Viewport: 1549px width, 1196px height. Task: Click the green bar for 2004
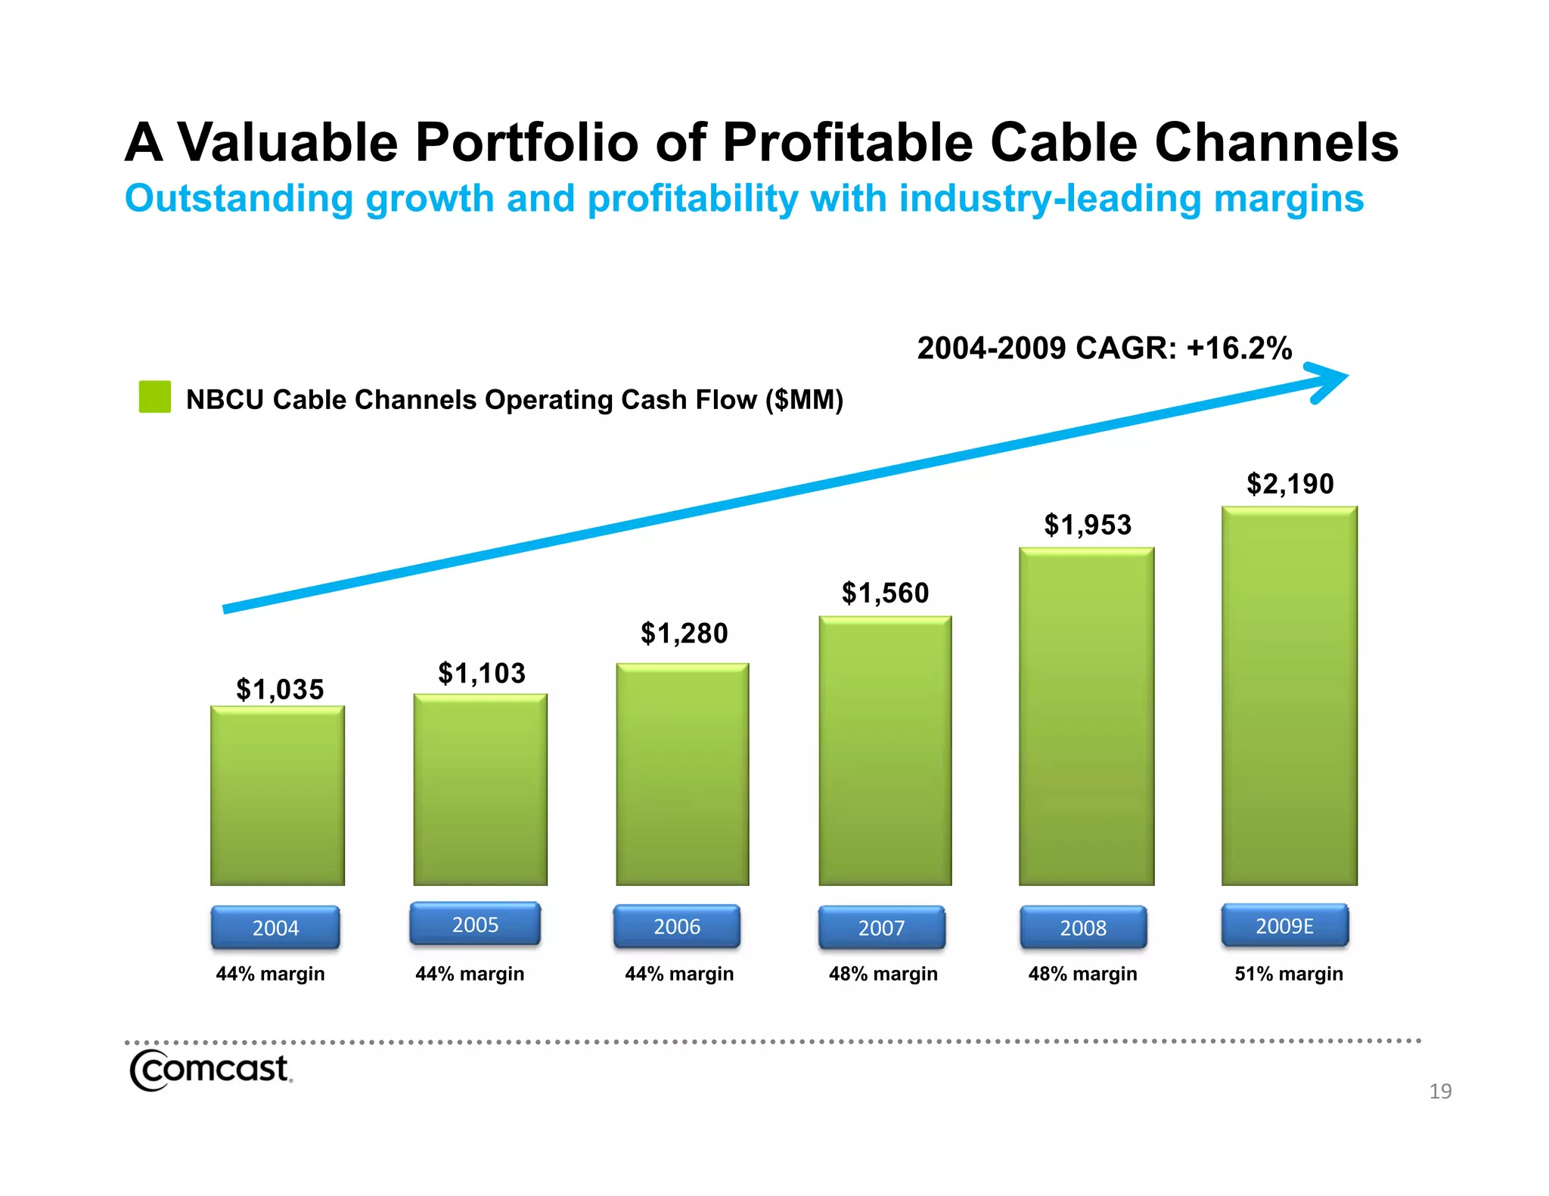click(278, 795)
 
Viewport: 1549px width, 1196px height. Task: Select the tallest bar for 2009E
click(1289, 696)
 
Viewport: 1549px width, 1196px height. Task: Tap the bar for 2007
click(885, 751)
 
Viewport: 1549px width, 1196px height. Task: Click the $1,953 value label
click(1088, 525)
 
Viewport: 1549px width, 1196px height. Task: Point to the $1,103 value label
click(482, 673)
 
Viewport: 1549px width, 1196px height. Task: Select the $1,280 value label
click(684, 633)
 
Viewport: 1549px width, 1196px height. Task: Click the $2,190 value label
click(1290, 484)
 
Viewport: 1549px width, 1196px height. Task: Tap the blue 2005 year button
click(475, 924)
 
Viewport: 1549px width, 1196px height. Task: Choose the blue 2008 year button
click(1083, 927)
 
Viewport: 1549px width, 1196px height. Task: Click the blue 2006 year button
click(677, 926)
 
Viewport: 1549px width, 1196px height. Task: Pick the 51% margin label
click(1289, 974)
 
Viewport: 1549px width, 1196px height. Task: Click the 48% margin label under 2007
click(883, 974)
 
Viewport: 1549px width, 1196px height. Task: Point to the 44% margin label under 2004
click(270, 974)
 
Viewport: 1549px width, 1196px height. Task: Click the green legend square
click(155, 397)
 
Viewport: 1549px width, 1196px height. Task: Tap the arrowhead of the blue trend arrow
click(1330, 380)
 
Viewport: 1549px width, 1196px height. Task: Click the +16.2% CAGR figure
click(1239, 349)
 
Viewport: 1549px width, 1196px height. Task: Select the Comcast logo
click(210, 1070)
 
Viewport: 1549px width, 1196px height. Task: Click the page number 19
click(1440, 1091)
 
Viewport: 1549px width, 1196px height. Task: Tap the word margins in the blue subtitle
click(1289, 199)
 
